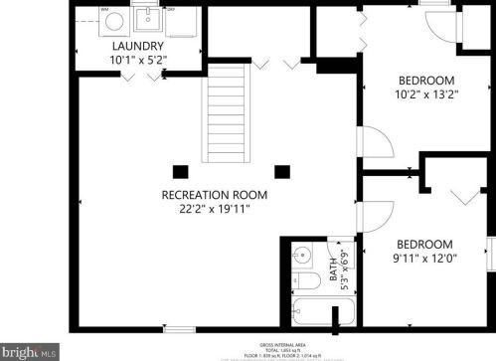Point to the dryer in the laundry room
pos(182,21)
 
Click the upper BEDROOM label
pos(425,81)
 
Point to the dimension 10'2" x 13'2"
pos(425,95)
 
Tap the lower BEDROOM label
pos(424,245)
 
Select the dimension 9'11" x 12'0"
pos(424,260)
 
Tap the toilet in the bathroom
pos(302,261)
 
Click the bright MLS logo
pos(29,352)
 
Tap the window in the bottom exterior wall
pos(179,328)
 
